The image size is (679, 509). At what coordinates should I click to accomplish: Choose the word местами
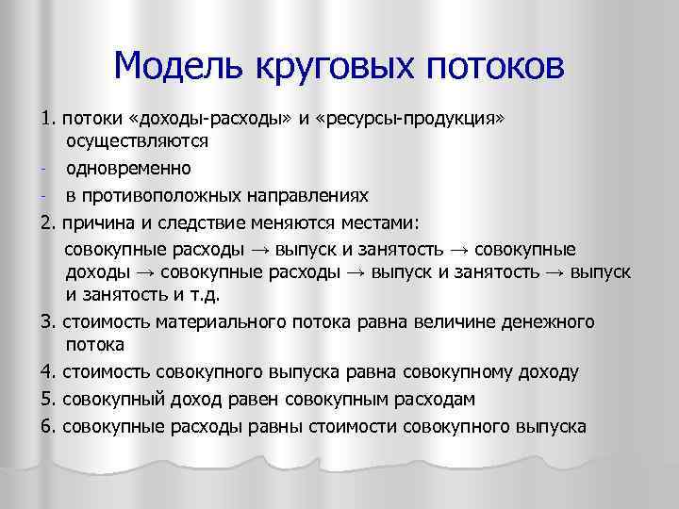(388, 222)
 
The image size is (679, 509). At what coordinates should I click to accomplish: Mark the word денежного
(546, 322)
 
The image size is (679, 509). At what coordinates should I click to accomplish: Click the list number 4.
(47, 373)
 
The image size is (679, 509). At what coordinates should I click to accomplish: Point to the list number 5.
(47, 400)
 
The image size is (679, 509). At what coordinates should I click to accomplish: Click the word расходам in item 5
(420, 400)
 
